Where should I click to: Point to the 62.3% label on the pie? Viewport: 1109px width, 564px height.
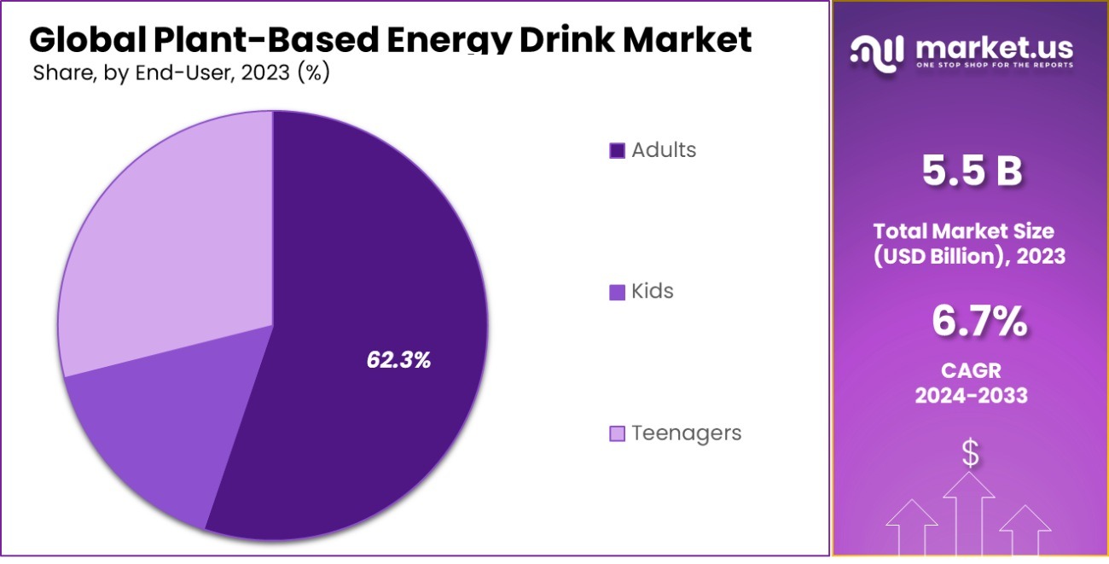(x=398, y=361)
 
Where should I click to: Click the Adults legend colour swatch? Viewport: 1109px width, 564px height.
(x=618, y=151)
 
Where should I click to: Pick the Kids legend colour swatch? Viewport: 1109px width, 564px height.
(x=618, y=292)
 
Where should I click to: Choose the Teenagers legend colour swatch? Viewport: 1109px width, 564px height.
(x=618, y=433)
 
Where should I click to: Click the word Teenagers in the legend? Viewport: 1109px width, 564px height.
(x=686, y=433)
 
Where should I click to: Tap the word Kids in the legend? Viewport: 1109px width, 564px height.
(x=653, y=292)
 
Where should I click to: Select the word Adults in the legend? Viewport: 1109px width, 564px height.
(x=664, y=151)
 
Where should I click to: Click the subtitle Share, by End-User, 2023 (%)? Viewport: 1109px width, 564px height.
(x=181, y=73)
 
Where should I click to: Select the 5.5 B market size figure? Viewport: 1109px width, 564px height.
(x=971, y=172)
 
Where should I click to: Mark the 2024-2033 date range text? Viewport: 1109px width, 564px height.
(x=971, y=396)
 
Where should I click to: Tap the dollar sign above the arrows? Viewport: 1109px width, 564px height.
(x=970, y=453)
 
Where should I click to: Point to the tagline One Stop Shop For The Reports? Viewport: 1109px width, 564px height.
(x=994, y=65)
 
